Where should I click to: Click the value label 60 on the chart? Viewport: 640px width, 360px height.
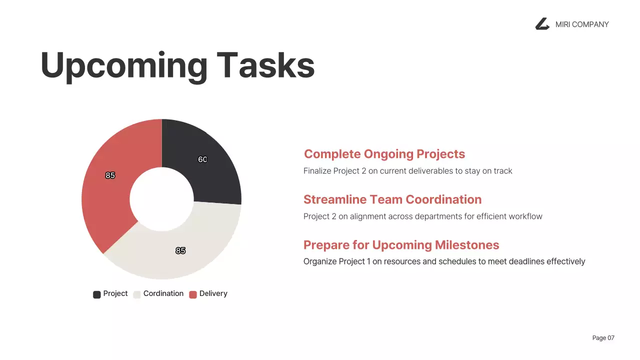point(202,159)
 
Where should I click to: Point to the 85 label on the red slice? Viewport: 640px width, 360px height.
point(110,175)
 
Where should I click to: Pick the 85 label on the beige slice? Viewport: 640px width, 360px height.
point(180,250)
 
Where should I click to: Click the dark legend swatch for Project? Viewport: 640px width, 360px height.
point(97,294)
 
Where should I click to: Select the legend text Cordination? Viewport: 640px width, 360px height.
point(163,294)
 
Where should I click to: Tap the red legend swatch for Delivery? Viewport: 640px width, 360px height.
point(193,294)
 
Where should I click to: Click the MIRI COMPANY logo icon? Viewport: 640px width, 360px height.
point(542,24)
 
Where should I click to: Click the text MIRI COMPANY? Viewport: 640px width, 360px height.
point(582,24)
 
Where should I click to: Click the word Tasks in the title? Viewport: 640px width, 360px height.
point(265,65)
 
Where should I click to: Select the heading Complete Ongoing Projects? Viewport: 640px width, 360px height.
point(384,154)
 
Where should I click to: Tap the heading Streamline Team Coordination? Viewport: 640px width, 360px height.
point(392,199)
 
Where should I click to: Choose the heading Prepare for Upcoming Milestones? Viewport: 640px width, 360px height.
point(401,245)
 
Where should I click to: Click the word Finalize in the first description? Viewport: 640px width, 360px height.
point(318,171)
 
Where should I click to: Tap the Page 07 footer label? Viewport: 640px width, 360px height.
point(603,338)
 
